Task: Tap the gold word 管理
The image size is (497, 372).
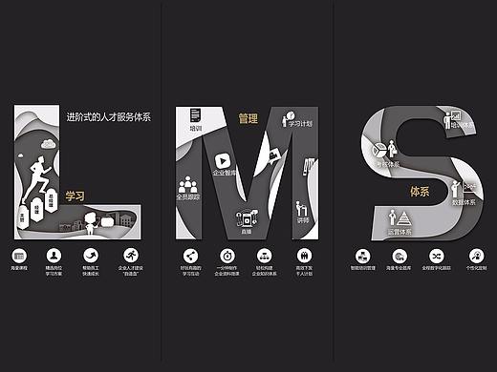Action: pos(248,119)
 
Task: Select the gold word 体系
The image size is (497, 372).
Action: pos(420,191)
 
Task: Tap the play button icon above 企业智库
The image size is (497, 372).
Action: pos(223,160)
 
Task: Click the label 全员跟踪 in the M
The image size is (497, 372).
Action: pos(187,196)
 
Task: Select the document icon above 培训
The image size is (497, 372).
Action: pos(195,114)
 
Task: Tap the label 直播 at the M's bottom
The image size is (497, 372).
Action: pos(246,231)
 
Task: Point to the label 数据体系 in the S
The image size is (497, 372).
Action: pos(465,202)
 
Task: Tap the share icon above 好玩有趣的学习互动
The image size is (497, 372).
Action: pos(189,256)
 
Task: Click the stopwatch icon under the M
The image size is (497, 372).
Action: pos(227,256)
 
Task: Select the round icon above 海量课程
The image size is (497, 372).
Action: pos(20,256)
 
